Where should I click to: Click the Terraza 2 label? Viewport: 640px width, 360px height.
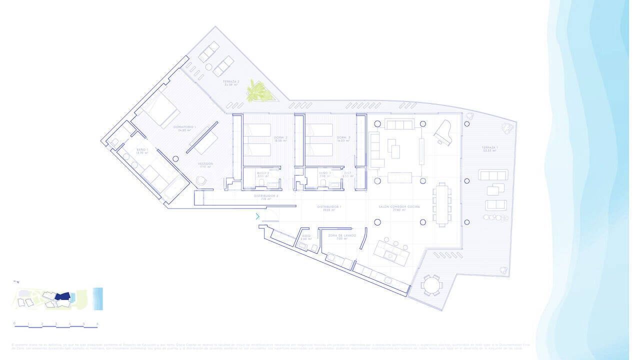[x=231, y=82]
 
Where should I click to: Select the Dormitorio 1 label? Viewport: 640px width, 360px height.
[x=184, y=128]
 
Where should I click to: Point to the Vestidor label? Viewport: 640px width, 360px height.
[x=205, y=164]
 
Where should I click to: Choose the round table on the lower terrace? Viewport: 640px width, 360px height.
[x=430, y=285]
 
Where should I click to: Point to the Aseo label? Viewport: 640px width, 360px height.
[x=306, y=236]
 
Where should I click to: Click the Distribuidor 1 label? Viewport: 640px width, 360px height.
[x=329, y=208]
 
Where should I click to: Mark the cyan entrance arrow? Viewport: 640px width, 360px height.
[x=257, y=216]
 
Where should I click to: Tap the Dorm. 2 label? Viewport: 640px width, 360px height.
[x=280, y=139]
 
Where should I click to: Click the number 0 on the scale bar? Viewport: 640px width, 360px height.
[x=14, y=323]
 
